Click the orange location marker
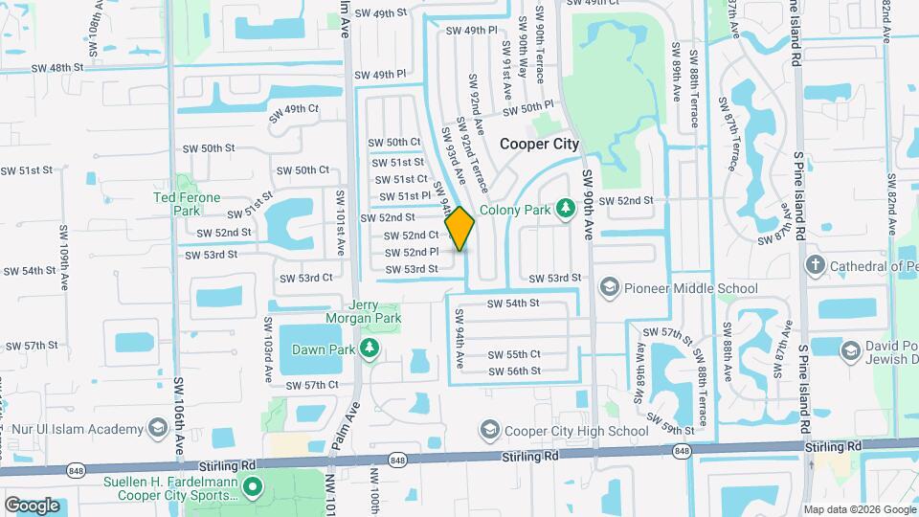point(459,229)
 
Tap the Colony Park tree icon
point(566,207)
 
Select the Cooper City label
point(540,144)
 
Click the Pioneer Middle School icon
point(609,286)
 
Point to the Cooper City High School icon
point(489,430)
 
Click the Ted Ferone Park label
point(187,203)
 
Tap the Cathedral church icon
point(815,265)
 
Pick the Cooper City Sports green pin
point(253,488)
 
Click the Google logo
point(32,505)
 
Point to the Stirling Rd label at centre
point(530,459)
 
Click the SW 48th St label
point(57,68)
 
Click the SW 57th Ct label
point(308,385)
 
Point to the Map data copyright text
point(858,509)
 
